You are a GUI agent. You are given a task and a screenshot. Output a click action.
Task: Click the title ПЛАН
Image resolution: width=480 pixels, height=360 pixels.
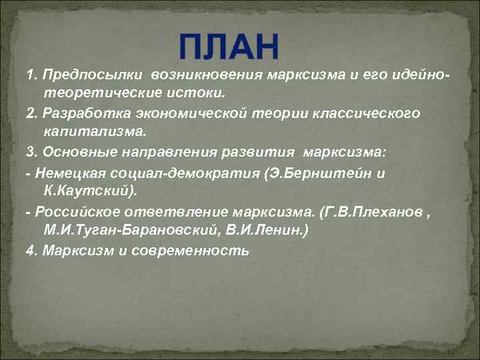click(230, 46)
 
